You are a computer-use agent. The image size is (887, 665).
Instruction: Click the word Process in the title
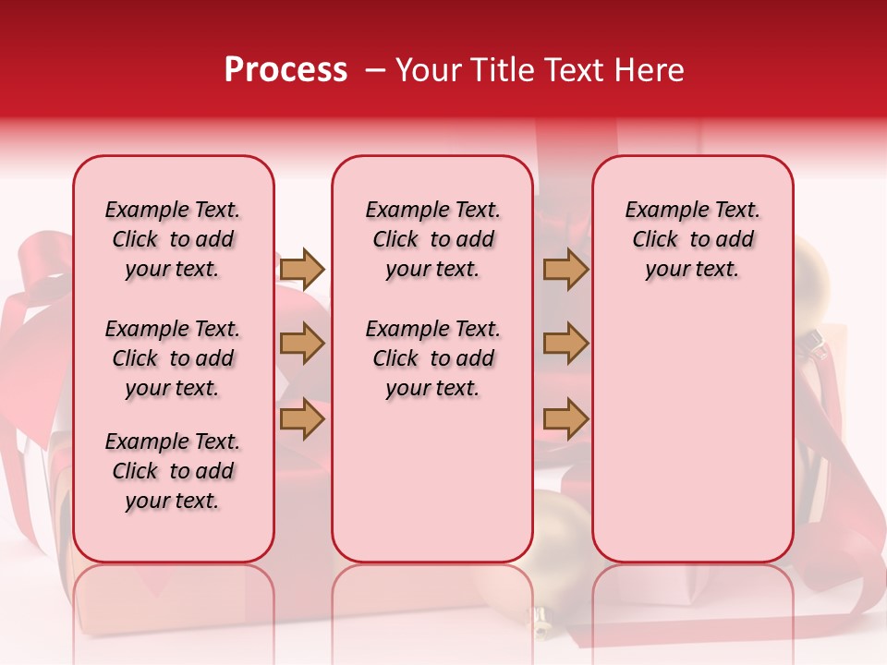click(x=286, y=70)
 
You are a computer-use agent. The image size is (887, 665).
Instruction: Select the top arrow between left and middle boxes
click(x=302, y=269)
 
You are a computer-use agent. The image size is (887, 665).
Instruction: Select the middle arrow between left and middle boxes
click(x=302, y=345)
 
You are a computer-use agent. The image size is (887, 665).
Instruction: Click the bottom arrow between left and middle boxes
click(x=302, y=418)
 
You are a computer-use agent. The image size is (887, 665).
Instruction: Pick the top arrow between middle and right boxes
click(x=565, y=269)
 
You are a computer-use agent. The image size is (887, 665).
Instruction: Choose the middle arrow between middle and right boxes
click(x=565, y=345)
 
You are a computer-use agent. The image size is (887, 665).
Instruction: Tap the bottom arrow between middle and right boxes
click(x=565, y=418)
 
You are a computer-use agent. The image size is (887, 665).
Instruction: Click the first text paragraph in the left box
click(x=173, y=239)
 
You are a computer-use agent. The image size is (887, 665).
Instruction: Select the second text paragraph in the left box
click(x=173, y=358)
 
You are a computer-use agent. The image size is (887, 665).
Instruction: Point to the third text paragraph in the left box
click(x=173, y=471)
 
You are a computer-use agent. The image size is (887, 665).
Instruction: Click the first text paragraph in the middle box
click(x=432, y=239)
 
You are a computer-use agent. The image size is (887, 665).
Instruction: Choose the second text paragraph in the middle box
click(x=432, y=358)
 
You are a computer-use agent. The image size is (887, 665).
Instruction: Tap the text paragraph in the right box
click(x=692, y=239)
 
